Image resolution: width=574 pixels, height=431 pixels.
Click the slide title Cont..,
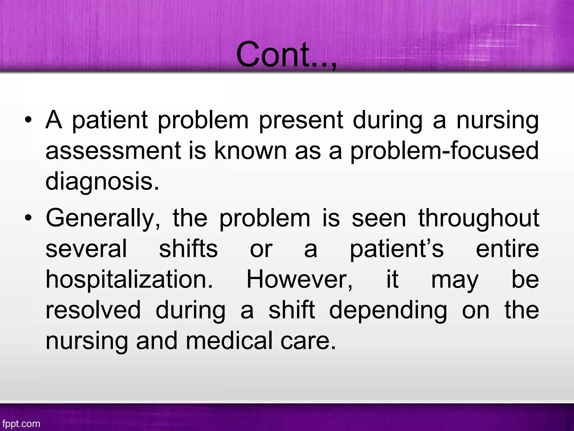point(286,55)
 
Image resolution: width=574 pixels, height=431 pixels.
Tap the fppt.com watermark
point(21,423)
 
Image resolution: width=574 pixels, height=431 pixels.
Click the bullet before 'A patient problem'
point(28,121)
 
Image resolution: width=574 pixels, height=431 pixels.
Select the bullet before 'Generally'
point(28,219)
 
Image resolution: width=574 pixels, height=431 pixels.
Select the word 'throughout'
point(478,219)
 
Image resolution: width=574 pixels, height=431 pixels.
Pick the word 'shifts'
point(188,249)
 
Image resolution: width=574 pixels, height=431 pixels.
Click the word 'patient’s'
point(397,249)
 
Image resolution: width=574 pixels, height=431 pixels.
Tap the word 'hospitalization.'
point(129,280)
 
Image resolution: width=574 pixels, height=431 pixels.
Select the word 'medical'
point(229,341)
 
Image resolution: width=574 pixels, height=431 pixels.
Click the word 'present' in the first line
point(301,121)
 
